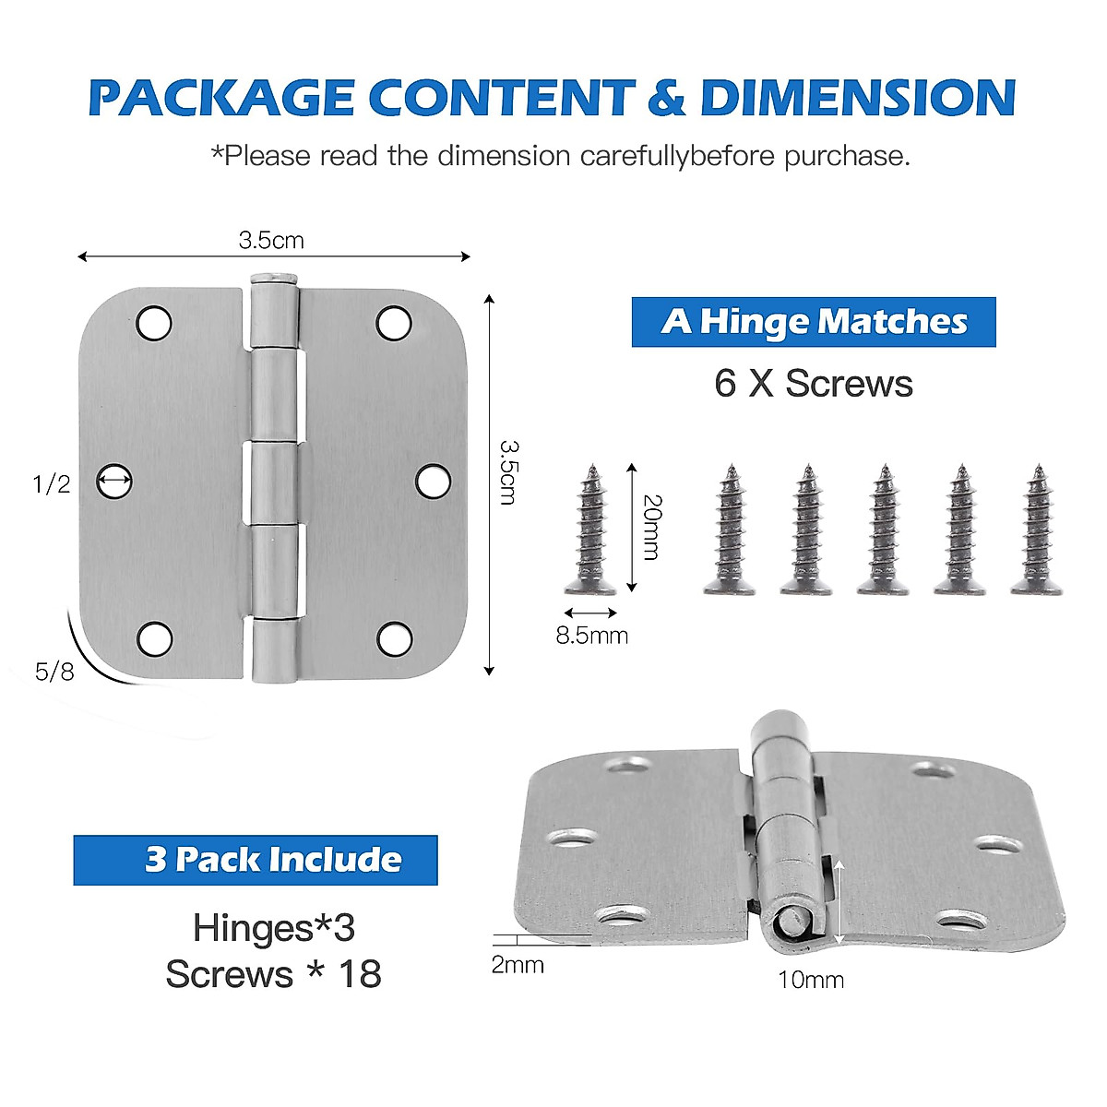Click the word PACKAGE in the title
coord(221,98)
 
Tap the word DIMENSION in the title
coord(858,98)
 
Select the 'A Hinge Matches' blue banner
coord(813,322)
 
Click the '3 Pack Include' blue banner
coord(256,860)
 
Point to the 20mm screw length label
coord(651,527)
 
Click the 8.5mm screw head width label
coord(591,636)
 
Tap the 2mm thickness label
coord(517,965)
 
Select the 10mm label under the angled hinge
coord(810,980)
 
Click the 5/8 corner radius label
coord(54,672)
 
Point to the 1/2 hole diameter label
coord(51,483)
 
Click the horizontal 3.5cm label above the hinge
coord(271,241)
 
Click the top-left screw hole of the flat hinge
coord(154,323)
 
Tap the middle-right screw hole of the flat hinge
coord(433,481)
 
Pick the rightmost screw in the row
coord(1037,530)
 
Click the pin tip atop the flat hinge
coord(274,276)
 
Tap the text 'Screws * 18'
coord(273,974)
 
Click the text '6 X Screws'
coord(813,384)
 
